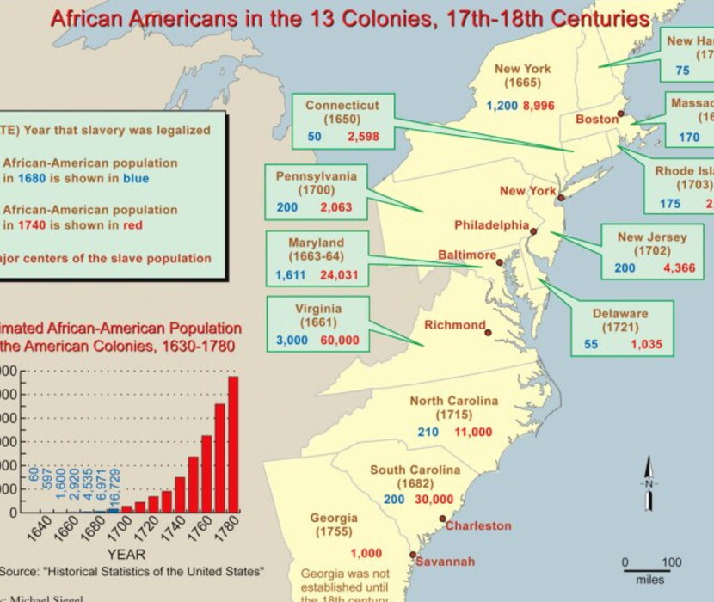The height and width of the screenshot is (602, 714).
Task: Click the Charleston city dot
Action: [x=442, y=519]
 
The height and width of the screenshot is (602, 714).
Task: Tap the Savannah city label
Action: [x=444, y=562]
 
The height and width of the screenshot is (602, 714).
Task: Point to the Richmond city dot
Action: [x=489, y=332]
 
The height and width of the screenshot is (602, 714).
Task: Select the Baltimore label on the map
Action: [x=466, y=255]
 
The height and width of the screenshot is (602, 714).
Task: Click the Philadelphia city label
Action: [x=491, y=224]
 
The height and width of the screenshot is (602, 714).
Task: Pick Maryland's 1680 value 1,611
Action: [x=291, y=275]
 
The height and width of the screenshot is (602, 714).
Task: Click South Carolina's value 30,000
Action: [x=434, y=499]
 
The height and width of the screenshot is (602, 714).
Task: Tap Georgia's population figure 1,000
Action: [x=366, y=553]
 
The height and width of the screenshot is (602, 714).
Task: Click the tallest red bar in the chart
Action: [x=233, y=444]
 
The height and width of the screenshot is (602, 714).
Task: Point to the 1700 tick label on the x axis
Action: [x=114, y=525]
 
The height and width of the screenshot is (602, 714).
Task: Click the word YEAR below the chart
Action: [x=126, y=553]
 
